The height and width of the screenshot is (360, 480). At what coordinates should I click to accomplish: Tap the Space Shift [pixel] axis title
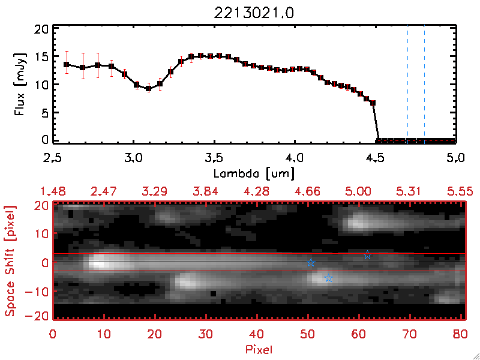(10, 262)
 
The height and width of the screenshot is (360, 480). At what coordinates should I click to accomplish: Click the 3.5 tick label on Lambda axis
(214, 158)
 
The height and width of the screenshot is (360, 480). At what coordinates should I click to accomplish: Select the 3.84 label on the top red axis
(206, 191)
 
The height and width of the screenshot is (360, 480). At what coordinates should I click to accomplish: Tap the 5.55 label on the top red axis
(460, 191)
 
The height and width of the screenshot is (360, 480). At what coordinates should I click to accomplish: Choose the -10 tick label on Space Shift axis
(37, 292)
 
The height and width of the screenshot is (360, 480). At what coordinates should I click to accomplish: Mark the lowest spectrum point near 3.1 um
(148, 89)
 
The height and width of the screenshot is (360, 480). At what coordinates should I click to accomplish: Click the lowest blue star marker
(328, 278)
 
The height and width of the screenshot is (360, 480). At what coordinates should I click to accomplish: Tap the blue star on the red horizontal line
(367, 255)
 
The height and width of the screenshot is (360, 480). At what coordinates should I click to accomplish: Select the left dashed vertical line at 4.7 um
(407, 84)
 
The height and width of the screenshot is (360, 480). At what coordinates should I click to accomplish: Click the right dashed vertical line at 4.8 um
(424, 84)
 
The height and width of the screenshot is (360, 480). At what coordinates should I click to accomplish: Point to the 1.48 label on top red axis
(53, 191)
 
